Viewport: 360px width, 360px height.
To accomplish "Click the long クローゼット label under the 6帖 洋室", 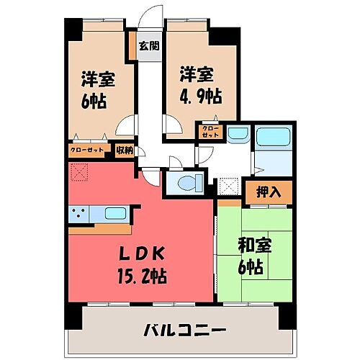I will click(88, 150).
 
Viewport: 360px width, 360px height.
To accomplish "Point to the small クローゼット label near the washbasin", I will click(212, 132).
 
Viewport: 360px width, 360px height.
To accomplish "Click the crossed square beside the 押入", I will click(230, 188).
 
